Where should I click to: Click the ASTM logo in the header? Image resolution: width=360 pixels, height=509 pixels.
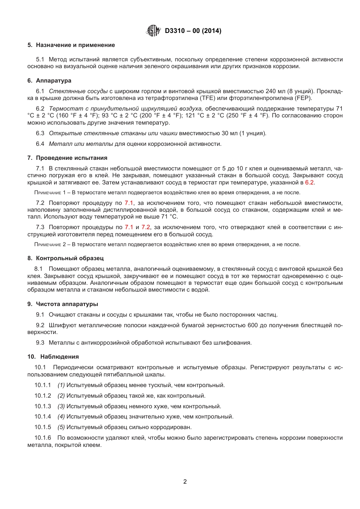point(153,31)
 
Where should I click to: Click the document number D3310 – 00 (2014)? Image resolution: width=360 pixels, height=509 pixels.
point(193,31)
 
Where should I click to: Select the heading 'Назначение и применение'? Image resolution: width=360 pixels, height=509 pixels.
point(75,45)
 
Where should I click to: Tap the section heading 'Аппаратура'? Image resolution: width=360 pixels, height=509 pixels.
point(53,81)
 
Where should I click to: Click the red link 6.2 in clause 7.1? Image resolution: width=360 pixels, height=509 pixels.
point(309,183)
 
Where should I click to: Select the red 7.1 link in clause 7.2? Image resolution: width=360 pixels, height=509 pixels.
point(129,203)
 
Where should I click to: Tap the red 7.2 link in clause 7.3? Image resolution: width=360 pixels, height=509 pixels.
point(146,227)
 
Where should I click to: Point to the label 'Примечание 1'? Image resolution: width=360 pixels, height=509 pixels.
point(50,193)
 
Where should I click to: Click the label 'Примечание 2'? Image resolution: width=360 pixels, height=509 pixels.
point(50,245)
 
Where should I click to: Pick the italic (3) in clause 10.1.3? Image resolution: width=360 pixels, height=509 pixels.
point(61,406)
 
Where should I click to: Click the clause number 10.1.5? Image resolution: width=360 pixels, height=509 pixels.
point(42,427)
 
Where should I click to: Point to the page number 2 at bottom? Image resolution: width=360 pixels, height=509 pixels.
point(185,482)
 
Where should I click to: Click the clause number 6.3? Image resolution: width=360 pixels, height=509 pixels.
point(40,133)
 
